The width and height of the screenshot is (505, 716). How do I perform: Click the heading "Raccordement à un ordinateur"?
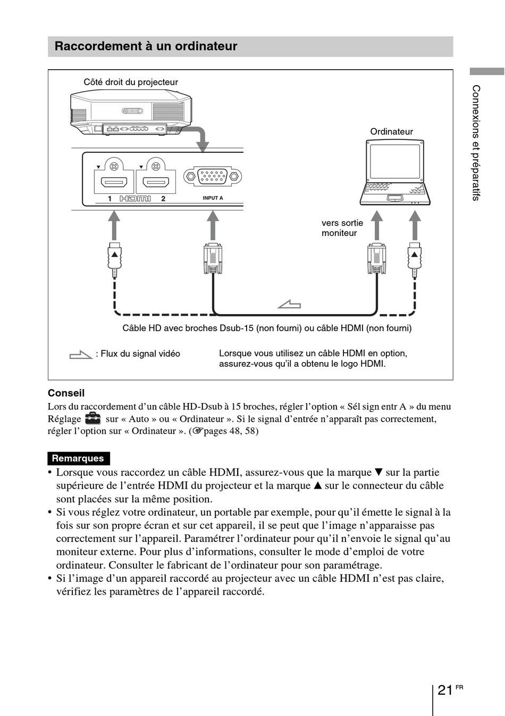click(x=146, y=46)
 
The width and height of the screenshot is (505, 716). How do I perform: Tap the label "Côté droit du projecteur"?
click(x=131, y=82)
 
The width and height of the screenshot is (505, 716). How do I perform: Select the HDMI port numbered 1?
click(x=114, y=182)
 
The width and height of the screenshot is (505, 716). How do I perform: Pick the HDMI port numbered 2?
click(x=156, y=182)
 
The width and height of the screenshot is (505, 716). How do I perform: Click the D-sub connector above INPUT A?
click(x=213, y=176)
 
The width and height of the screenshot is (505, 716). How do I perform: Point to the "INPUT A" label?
click(x=213, y=198)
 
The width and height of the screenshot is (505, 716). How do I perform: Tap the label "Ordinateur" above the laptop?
click(x=391, y=131)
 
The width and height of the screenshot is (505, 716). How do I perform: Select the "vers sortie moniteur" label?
click(x=342, y=228)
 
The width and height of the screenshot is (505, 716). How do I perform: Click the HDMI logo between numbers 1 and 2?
click(x=135, y=199)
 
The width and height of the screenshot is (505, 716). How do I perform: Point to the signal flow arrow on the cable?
click(x=289, y=304)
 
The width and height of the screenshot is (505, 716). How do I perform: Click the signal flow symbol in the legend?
click(x=81, y=354)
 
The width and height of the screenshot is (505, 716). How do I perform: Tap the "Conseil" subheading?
click(x=66, y=393)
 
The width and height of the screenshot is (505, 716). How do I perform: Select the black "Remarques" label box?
click(x=78, y=458)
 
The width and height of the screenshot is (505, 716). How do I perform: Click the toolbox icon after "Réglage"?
click(x=93, y=418)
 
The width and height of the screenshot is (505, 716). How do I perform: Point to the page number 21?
click(x=445, y=690)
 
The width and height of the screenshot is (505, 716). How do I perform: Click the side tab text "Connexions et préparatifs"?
click(x=476, y=143)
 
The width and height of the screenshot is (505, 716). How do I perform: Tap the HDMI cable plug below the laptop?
click(x=415, y=259)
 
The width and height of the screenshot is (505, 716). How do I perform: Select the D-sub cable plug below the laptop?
click(x=377, y=258)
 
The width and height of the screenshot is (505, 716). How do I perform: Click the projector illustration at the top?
click(x=131, y=113)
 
